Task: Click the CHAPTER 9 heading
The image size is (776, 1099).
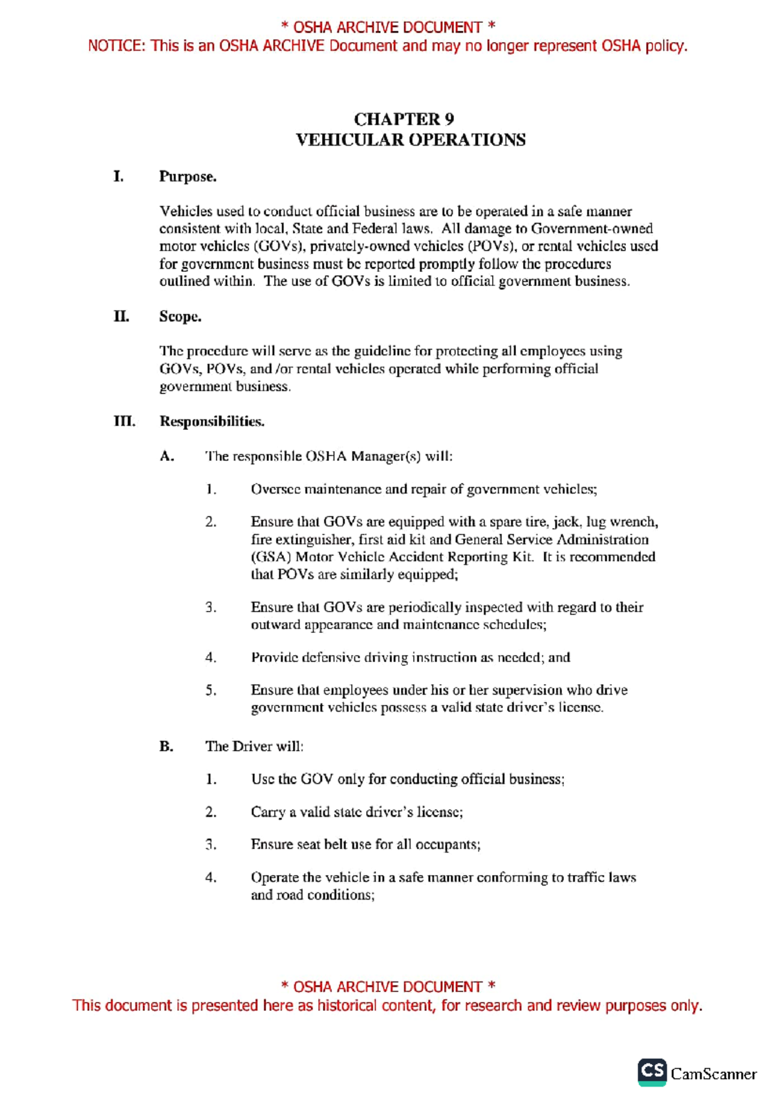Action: pos(404,120)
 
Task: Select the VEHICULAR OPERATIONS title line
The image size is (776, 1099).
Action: pos(410,140)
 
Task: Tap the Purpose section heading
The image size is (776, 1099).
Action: pos(188,177)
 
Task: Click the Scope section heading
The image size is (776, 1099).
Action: pos(180,316)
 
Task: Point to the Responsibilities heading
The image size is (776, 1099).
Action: pos(212,422)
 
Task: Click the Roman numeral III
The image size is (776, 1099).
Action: pos(124,422)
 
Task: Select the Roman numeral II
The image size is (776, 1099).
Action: pos(121,316)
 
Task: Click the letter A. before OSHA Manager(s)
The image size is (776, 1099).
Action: pos(167,456)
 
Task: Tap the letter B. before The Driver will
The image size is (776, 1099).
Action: pos(166,746)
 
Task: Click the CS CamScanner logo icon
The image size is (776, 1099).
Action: pos(652,1072)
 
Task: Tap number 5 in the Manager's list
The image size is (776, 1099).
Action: pos(211,691)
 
